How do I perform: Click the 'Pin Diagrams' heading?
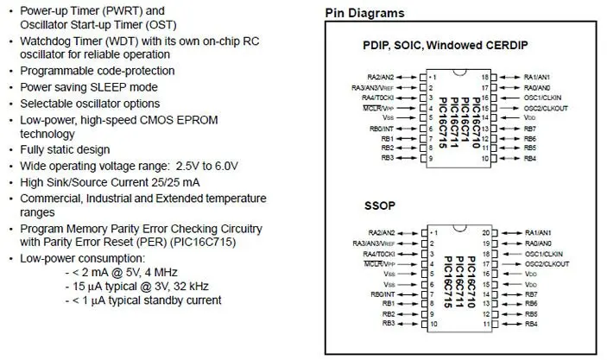(x=364, y=13)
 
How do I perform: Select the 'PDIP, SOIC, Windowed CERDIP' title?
(x=446, y=45)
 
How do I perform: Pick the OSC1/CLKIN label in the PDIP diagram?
(x=543, y=98)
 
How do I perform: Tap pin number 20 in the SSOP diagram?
(x=485, y=233)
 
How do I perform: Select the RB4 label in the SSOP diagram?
(x=530, y=324)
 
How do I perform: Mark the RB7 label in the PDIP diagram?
(x=530, y=128)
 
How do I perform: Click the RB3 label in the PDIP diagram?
(x=387, y=158)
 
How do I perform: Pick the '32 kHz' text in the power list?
(x=187, y=285)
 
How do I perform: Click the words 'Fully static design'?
(x=65, y=149)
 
